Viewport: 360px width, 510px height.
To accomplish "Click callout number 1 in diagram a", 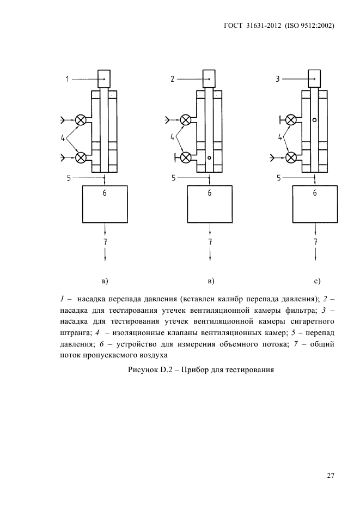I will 68,79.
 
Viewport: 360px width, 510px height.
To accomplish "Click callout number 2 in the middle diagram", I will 172,79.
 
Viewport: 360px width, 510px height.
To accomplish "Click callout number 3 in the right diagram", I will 277,79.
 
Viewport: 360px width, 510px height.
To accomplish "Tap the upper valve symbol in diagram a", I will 81,119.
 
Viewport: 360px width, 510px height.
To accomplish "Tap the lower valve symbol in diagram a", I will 81,157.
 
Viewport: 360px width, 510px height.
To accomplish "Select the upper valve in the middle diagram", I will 186,119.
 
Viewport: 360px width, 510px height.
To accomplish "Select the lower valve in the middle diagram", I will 186,157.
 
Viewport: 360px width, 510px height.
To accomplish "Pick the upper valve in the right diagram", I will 291,119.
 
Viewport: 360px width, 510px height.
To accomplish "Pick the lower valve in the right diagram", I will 291,157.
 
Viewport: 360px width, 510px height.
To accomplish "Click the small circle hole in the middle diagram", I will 209,159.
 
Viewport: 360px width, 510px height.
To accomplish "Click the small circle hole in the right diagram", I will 315,119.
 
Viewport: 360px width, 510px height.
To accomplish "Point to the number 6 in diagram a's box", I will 105,192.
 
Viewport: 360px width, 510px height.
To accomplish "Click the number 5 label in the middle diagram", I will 173,178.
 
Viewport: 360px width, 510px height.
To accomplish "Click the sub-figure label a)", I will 105,281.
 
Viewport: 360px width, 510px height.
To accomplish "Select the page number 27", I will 330,475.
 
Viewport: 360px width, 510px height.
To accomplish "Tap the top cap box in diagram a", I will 105,79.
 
